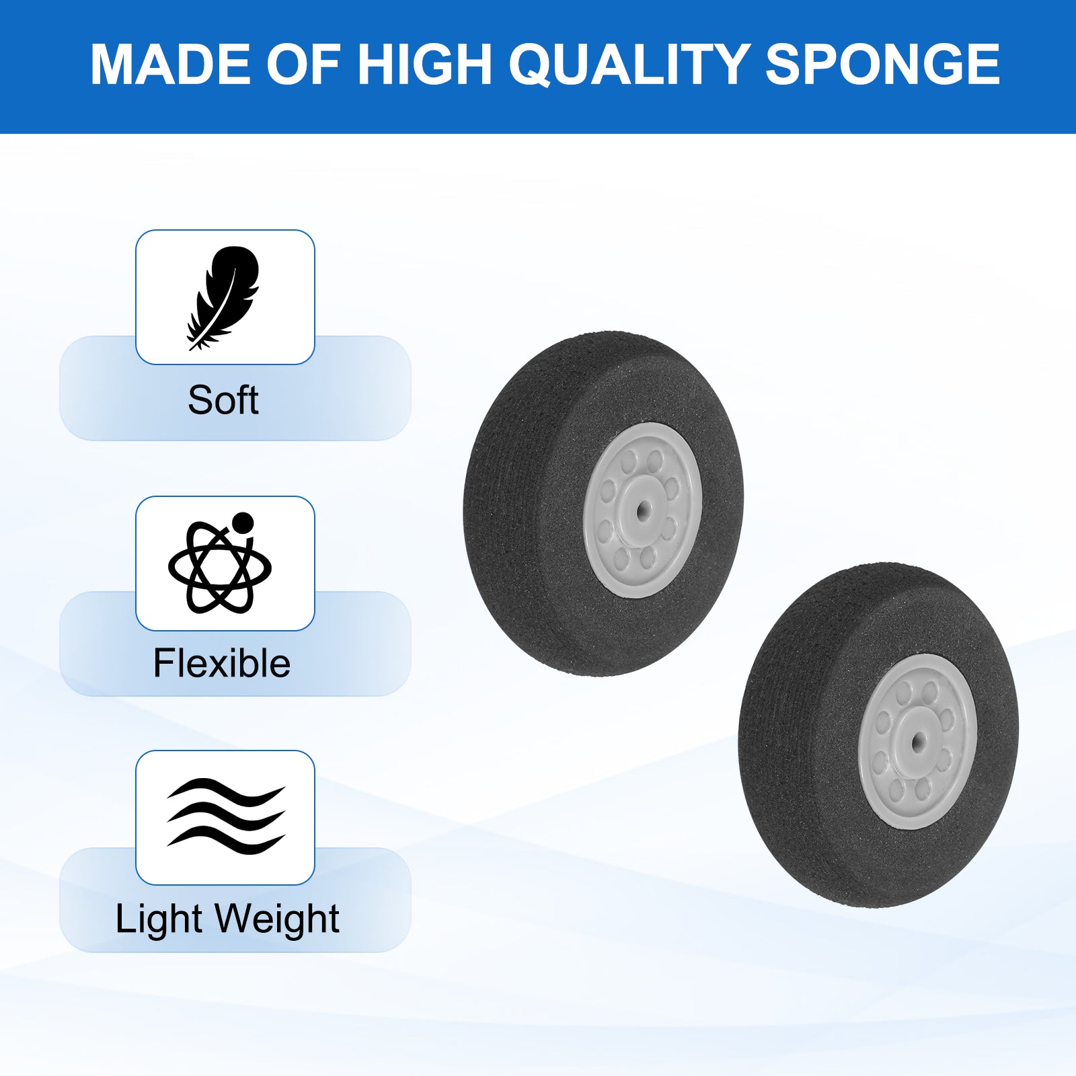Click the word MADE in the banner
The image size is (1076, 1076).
click(x=171, y=65)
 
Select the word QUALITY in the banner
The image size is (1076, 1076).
click(x=629, y=65)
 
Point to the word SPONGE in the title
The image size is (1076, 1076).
click(x=882, y=65)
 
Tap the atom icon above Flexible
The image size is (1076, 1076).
click(x=220, y=564)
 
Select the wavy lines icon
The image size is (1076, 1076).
click(x=226, y=816)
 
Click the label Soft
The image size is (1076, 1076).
click(x=223, y=400)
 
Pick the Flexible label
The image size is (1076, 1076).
click(x=222, y=663)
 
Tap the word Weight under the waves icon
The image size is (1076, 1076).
click(x=277, y=920)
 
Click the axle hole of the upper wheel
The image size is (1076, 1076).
click(x=644, y=509)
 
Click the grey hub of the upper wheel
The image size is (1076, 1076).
click(x=643, y=510)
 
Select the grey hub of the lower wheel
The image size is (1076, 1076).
click(x=918, y=741)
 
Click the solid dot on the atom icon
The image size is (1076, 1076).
click(x=242, y=523)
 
